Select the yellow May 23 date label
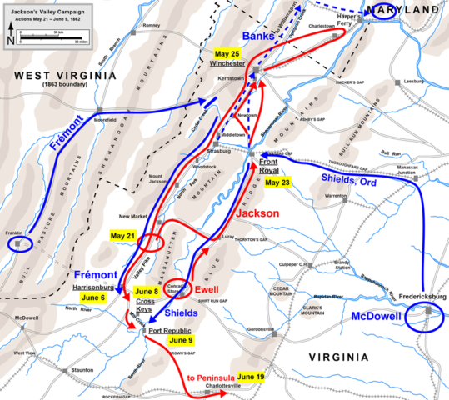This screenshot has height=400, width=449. click(x=277, y=183)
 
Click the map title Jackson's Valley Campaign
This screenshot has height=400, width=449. click(x=38, y=8)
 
